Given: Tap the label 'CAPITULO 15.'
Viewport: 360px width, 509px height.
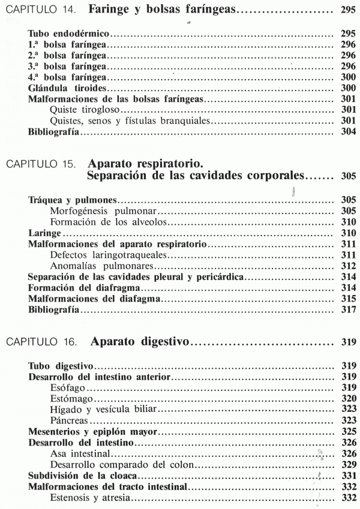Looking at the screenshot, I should (38, 163).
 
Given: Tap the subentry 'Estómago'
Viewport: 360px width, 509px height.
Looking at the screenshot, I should (70, 398).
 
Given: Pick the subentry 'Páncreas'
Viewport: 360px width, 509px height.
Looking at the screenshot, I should (68, 420).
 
